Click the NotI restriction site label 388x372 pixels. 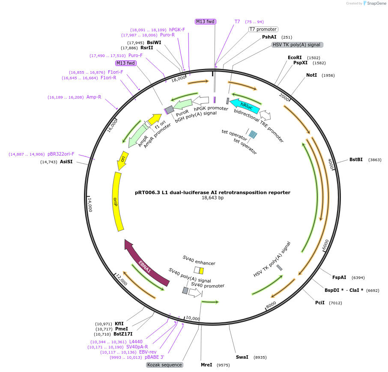coord(311,75)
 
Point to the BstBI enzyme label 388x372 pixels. coord(356,159)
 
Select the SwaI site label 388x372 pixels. coord(242,357)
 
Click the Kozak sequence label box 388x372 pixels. coord(164,365)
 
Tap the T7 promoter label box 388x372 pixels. coord(263,29)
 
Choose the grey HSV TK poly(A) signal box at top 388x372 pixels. coord(297,45)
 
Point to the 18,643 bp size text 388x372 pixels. coord(212,198)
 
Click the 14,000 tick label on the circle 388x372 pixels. coord(90,204)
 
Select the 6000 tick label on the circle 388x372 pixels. coord(325,246)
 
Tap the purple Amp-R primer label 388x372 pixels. coord(94,97)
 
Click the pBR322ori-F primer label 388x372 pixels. coord(61,154)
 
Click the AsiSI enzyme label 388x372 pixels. coord(66,162)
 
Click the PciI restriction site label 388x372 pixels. coord(320,303)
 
